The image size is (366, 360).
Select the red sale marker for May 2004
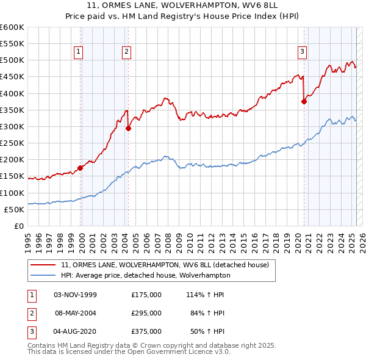click(128, 128)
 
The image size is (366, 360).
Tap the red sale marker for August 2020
click(304, 102)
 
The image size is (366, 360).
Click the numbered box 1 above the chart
click(79, 52)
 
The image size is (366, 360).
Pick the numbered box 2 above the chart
click(126, 52)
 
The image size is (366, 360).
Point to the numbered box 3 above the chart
click(302, 52)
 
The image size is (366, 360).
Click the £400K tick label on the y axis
click(12, 93)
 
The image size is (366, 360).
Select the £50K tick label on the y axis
click(13, 209)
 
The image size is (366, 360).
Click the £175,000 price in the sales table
click(146, 295)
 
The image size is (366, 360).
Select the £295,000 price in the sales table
click(146, 313)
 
